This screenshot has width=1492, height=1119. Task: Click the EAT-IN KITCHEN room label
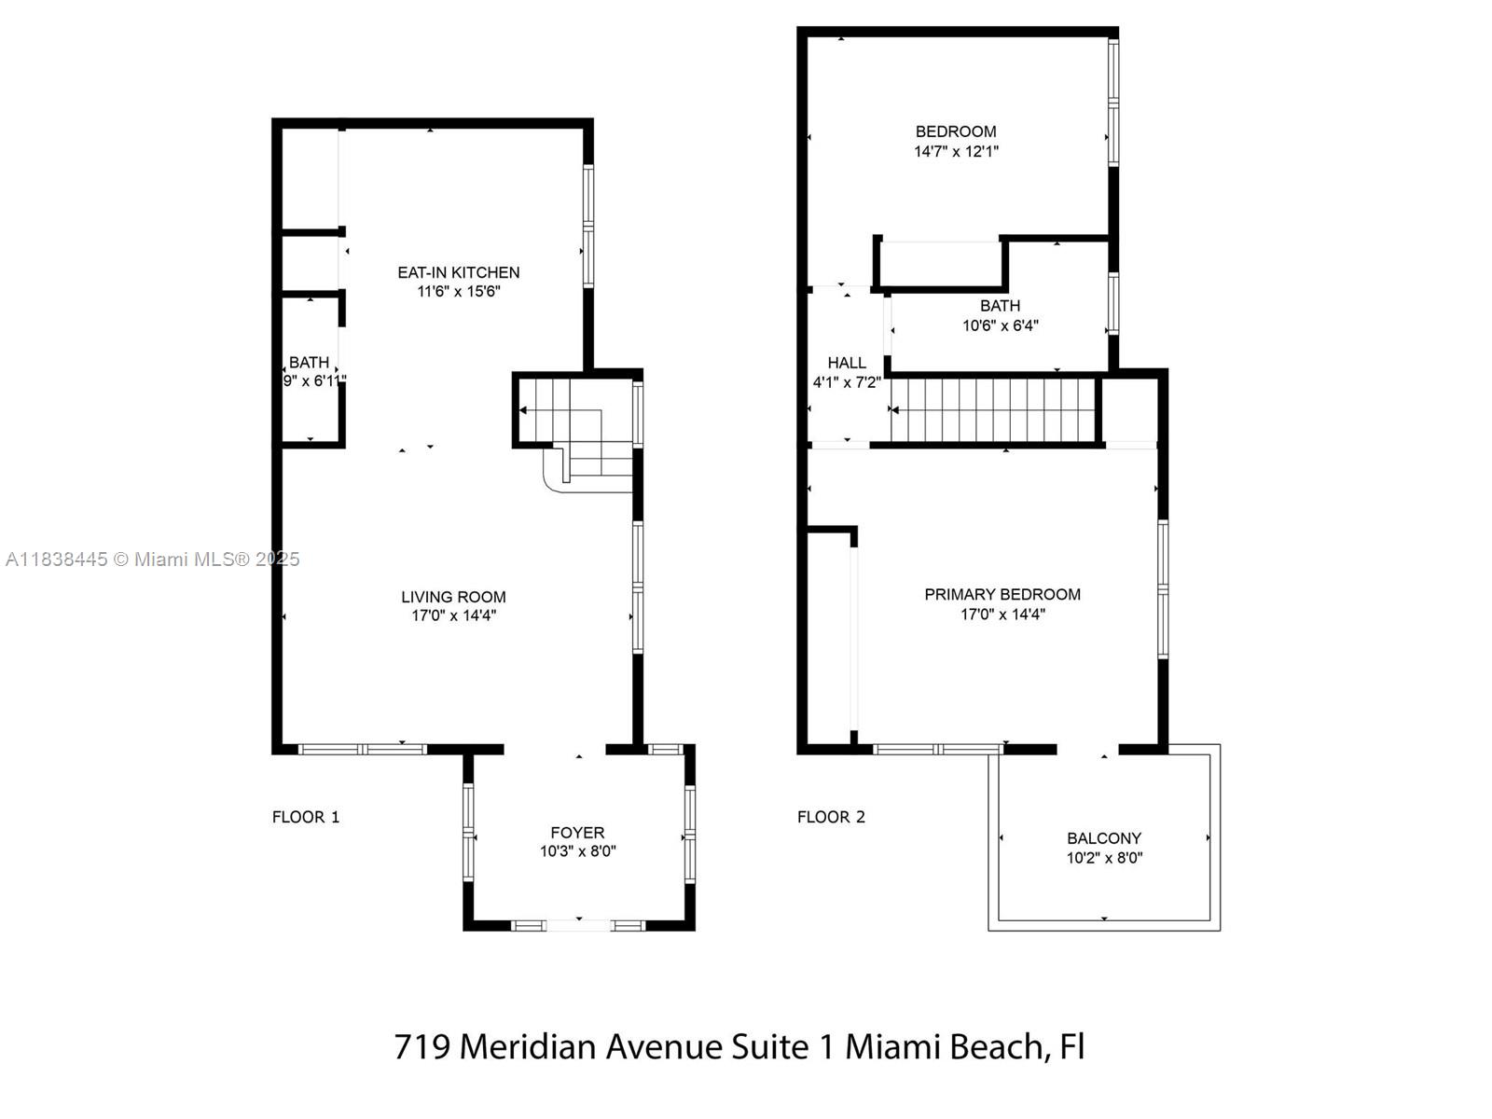(x=458, y=272)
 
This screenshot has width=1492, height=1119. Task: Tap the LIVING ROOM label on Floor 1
(x=453, y=597)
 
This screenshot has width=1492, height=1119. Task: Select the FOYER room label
(x=577, y=833)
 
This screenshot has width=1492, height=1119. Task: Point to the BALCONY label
(x=1104, y=838)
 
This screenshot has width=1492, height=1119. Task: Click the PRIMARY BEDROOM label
(x=1002, y=595)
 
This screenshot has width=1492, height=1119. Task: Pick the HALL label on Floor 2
(x=847, y=363)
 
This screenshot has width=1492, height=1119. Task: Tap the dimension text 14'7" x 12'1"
(x=956, y=151)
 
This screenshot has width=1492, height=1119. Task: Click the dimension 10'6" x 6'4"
(x=1000, y=325)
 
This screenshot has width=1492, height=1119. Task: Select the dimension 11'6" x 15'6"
(x=458, y=292)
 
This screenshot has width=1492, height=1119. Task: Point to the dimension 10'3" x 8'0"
(x=578, y=851)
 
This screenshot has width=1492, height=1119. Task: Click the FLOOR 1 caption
(x=306, y=817)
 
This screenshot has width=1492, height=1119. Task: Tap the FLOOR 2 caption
(x=831, y=817)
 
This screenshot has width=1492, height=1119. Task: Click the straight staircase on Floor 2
(x=993, y=409)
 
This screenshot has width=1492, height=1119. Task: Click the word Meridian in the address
(x=529, y=1045)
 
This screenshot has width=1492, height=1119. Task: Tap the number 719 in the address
(x=422, y=1046)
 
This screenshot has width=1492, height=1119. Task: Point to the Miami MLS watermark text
(x=152, y=559)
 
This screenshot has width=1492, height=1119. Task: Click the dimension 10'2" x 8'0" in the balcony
(x=1104, y=857)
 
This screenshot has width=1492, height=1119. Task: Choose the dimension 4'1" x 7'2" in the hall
(x=847, y=381)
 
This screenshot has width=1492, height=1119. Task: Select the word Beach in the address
(x=997, y=1046)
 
